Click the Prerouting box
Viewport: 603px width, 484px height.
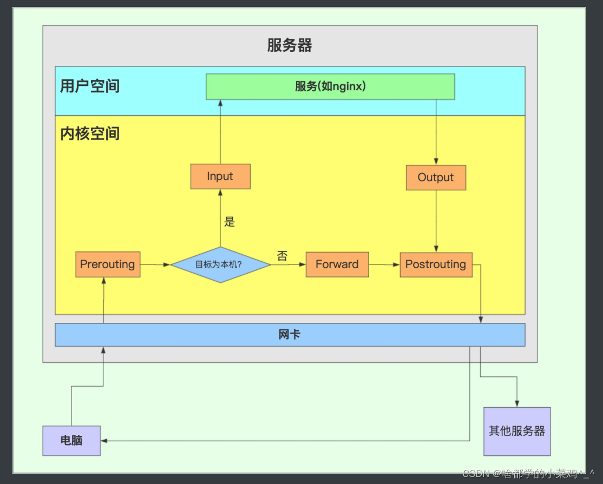(108, 264)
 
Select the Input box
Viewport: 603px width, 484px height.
(220, 176)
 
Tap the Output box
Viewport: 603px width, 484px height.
(436, 177)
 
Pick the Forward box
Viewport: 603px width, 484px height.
(337, 264)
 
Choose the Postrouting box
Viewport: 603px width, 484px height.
(436, 264)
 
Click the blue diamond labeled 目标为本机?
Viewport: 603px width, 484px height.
(220, 265)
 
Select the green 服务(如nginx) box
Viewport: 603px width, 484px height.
(330, 87)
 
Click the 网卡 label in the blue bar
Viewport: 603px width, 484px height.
(290, 335)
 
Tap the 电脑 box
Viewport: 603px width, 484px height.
(71, 440)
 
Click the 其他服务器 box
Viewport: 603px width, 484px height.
(516, 431)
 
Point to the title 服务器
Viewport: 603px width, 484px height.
(290, 45)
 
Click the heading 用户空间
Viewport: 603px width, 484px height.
(90, 86)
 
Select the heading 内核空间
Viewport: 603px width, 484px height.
(90, 134)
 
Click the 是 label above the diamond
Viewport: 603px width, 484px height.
(230, 222)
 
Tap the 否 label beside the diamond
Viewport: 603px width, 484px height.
(282, 256)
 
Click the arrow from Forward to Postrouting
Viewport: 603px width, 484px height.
(384, 264)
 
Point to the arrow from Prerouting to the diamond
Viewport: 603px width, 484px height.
(155, 264)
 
